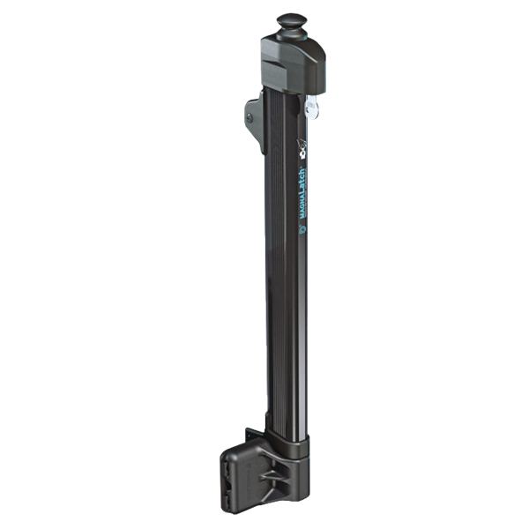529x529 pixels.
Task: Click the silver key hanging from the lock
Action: [x=309, y=108]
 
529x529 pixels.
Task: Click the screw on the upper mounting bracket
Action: [x=251, y=112]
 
